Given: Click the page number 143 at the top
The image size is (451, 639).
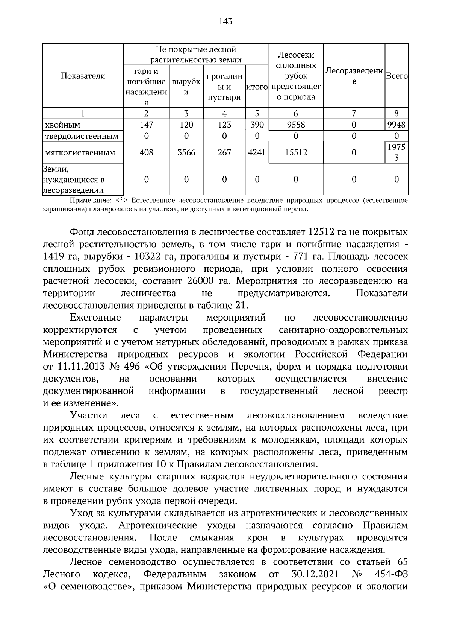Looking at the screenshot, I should pos(225,21).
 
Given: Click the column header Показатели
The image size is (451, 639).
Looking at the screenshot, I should pos(83,76).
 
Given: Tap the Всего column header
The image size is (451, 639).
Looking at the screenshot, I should pos(397,76).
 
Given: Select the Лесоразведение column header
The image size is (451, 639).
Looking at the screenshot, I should pos(354,76).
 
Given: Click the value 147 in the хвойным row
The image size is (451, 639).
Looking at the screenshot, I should pos(146,125).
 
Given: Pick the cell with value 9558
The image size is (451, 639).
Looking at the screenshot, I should pos(296,125).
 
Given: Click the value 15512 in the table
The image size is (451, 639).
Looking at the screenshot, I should pos(296,152).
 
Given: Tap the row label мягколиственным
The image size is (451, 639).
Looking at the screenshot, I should pos(80,153).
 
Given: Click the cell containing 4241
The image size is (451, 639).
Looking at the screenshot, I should pos(257,152).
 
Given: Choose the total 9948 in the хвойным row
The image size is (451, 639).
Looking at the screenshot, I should pos(397,125).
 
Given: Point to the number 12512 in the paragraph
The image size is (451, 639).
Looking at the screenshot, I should pos(323,232).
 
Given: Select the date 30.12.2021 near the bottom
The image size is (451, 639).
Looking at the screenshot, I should pos(315,574).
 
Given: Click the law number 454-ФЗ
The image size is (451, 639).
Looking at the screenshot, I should pos(391,574).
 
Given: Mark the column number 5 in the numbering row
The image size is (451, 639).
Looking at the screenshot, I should pos(257,113).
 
